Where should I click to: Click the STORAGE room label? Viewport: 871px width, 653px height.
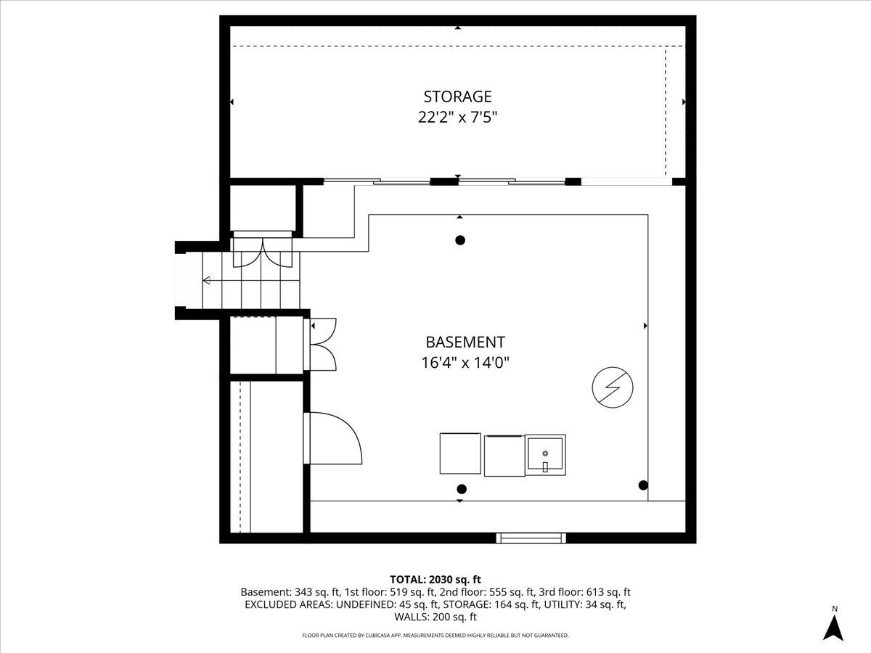457,96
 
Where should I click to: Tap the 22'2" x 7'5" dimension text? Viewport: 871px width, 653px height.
457,118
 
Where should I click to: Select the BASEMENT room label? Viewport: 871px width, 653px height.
465,342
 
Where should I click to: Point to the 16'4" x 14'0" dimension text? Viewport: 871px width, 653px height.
465,362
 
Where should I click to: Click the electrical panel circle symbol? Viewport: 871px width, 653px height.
613,387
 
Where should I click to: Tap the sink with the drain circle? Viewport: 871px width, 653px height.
546,455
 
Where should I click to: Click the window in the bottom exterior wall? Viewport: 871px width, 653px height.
531,538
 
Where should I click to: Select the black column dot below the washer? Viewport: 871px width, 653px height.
462,489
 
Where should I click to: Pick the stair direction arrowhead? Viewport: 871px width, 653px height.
206,280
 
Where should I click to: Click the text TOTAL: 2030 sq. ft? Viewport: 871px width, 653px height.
435,579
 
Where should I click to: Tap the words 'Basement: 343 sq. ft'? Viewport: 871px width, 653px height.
290,592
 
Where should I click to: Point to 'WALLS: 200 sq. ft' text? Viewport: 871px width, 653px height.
435,617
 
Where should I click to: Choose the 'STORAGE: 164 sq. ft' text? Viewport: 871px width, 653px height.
490,604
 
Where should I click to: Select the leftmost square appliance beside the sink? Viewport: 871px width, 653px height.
460,453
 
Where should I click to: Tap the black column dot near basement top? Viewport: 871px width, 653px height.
460,240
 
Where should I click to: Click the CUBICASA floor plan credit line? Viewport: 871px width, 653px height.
435,635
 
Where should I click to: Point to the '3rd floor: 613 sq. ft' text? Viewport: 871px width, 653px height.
584,592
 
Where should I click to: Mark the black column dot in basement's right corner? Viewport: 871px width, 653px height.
643,485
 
